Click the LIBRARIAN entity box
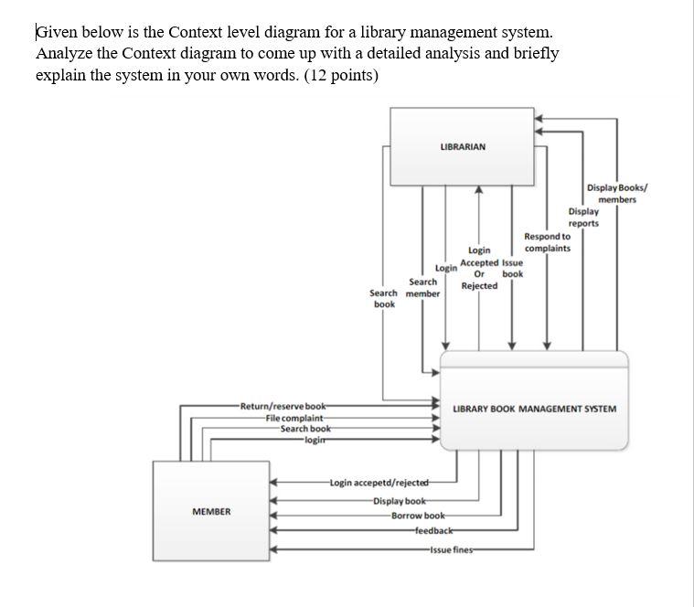(x=463, y=146)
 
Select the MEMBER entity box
(x=211, y=511)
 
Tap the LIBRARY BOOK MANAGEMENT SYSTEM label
(x=535, y=409)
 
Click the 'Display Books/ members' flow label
(x=617, y=193)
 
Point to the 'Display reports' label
(x=583, y=218)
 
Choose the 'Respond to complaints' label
(x=548, y=242)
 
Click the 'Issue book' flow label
(x=513, y=268)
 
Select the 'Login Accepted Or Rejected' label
(x=479, y=268)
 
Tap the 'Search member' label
(x=422, y=288)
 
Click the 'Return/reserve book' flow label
(x=283, y=406)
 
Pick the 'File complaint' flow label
(x=294, y=418)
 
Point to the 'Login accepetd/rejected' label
(x=379, y=483)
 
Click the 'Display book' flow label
(x=399, y=500)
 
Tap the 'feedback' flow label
(x=433, y=531)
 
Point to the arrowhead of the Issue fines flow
(x=273, y=548)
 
